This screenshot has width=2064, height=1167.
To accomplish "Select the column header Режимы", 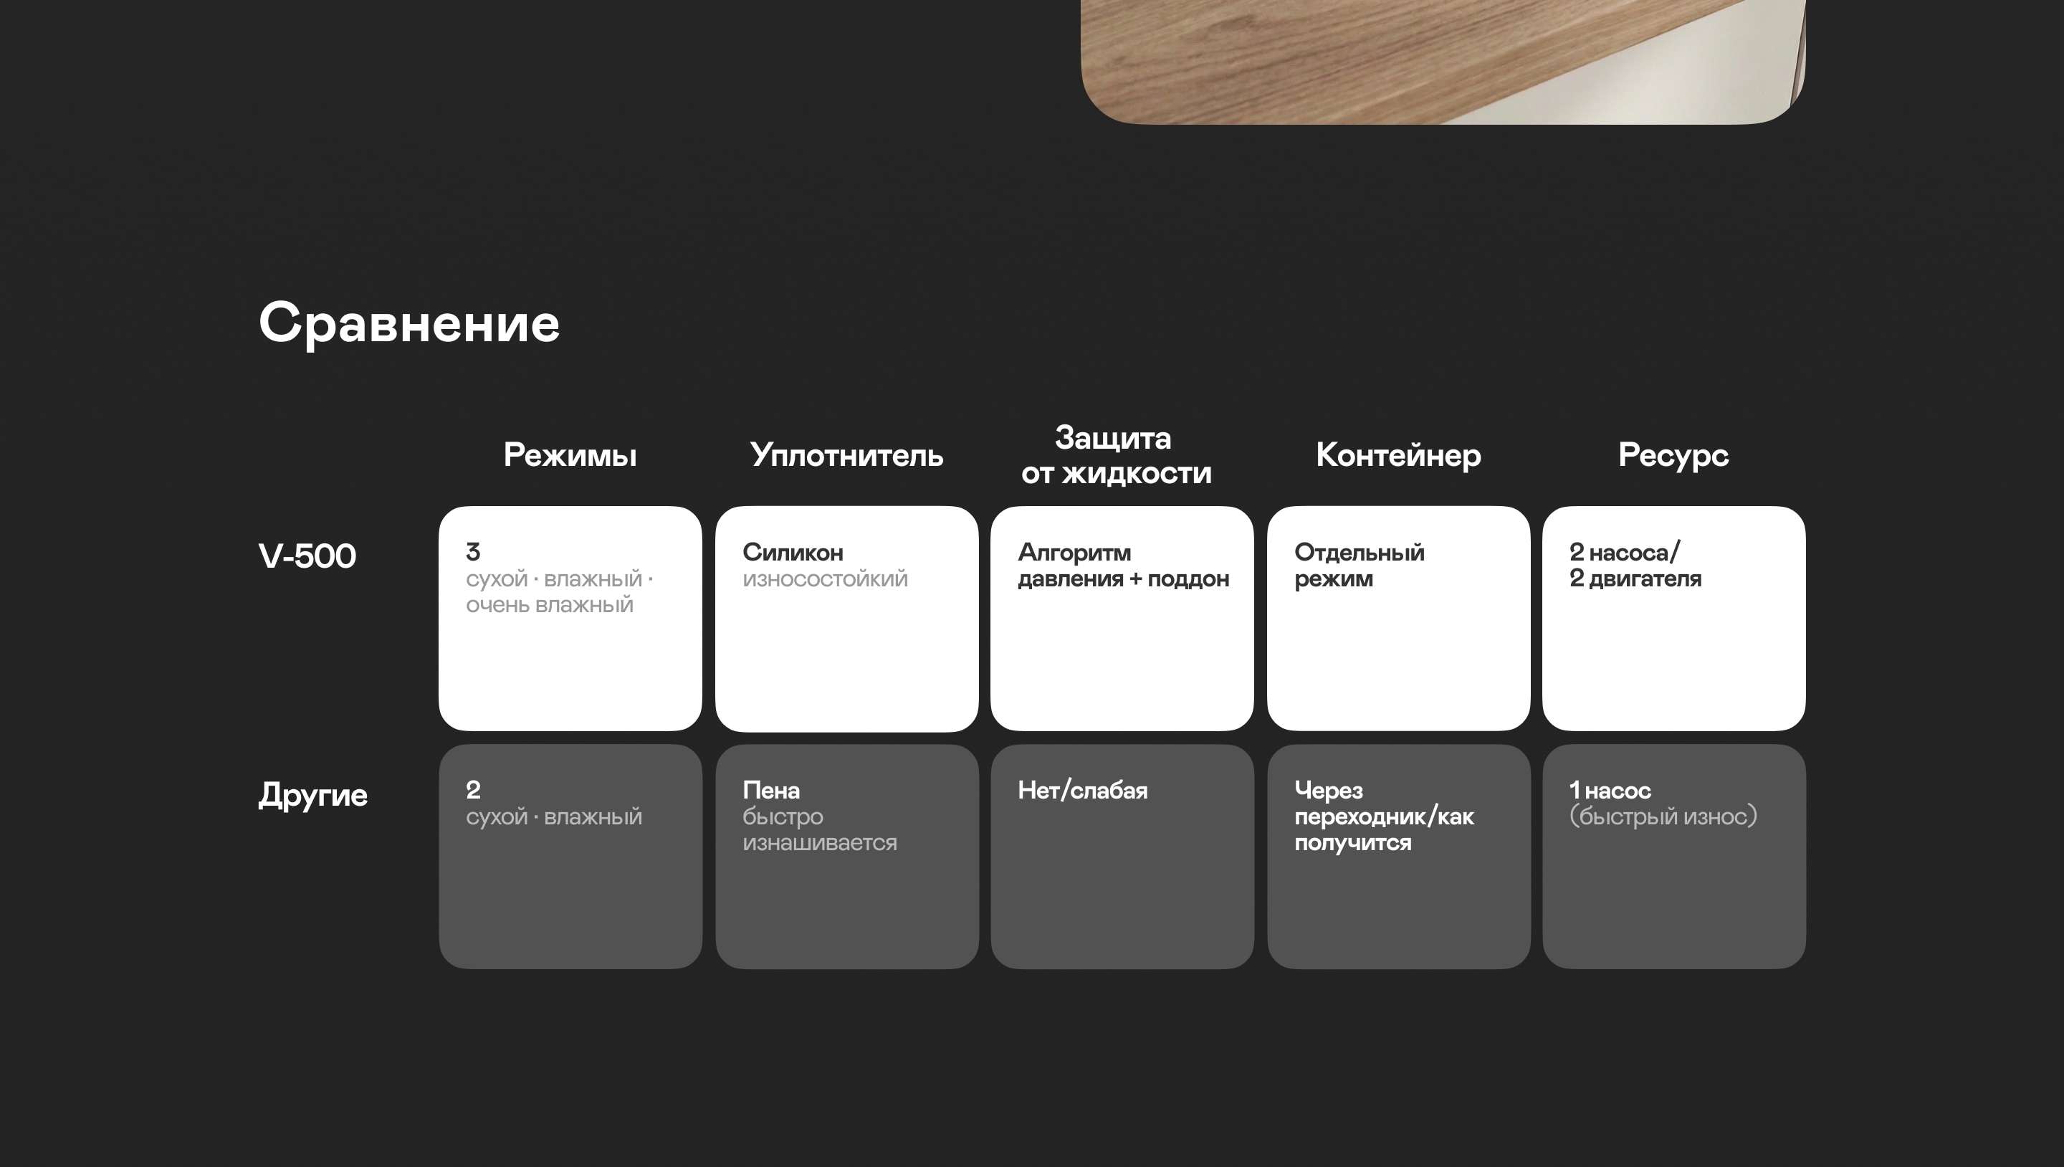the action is (x=570, y=455).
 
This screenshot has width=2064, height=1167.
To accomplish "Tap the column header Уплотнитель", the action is (x=846, y=455).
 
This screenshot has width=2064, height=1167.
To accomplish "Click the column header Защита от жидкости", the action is (x=1115, y=455).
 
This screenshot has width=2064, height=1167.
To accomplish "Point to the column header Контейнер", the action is (x=1398, y=455).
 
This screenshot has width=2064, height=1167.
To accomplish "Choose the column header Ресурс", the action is (x=1673, y=455).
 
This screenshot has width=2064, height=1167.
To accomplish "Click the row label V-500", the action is (x=307, y=556).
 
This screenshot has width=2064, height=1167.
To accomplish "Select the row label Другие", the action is (x=312, y=795).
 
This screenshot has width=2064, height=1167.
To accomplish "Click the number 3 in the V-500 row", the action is (x=473, y=552).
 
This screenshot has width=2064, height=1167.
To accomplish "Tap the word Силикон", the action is (x=793, y=552).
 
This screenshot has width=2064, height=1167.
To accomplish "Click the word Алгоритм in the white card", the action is (x=1074, y=552).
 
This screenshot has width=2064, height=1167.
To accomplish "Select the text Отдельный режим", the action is (x=1359, y=565).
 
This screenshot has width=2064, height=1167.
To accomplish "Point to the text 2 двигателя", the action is (x=1635, y=578).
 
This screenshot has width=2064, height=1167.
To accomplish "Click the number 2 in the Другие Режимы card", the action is (x=473, y=790).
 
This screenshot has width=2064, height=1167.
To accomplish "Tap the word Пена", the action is (x=771, y=790).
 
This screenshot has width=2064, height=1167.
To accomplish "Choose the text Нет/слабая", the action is (x=1082, y=790).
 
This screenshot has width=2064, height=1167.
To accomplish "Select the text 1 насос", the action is (x=1610, y=790).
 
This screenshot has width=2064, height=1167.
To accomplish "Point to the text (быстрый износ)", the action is (x=1663, y=816).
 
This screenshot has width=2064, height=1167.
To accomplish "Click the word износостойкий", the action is (x=824, y=578).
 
